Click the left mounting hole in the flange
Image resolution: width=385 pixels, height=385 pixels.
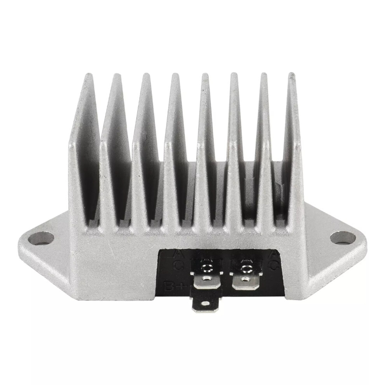pyautogui.click(x=41, y=238)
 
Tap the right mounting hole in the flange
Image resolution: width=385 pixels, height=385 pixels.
pyautogui.click(x=343, y=237)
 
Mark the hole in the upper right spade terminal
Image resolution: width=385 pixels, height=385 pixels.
pyautogui.click(x=245, y=278)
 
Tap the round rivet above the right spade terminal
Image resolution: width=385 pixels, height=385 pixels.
pyautogui.click(x=245, y=268)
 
